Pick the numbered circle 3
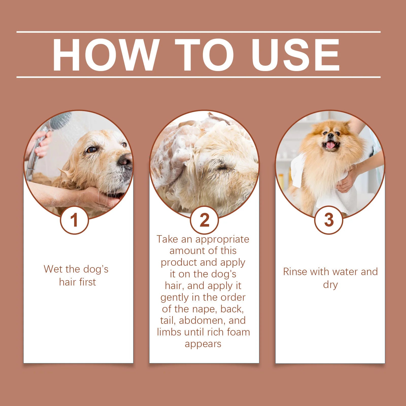(329, 220)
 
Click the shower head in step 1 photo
(60, 121)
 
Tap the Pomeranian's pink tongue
(331, 145)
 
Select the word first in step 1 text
(87, 282)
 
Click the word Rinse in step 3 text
(295, 272)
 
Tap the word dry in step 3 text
(330, 285)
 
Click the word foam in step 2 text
(238, 332)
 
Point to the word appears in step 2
(203, 344)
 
